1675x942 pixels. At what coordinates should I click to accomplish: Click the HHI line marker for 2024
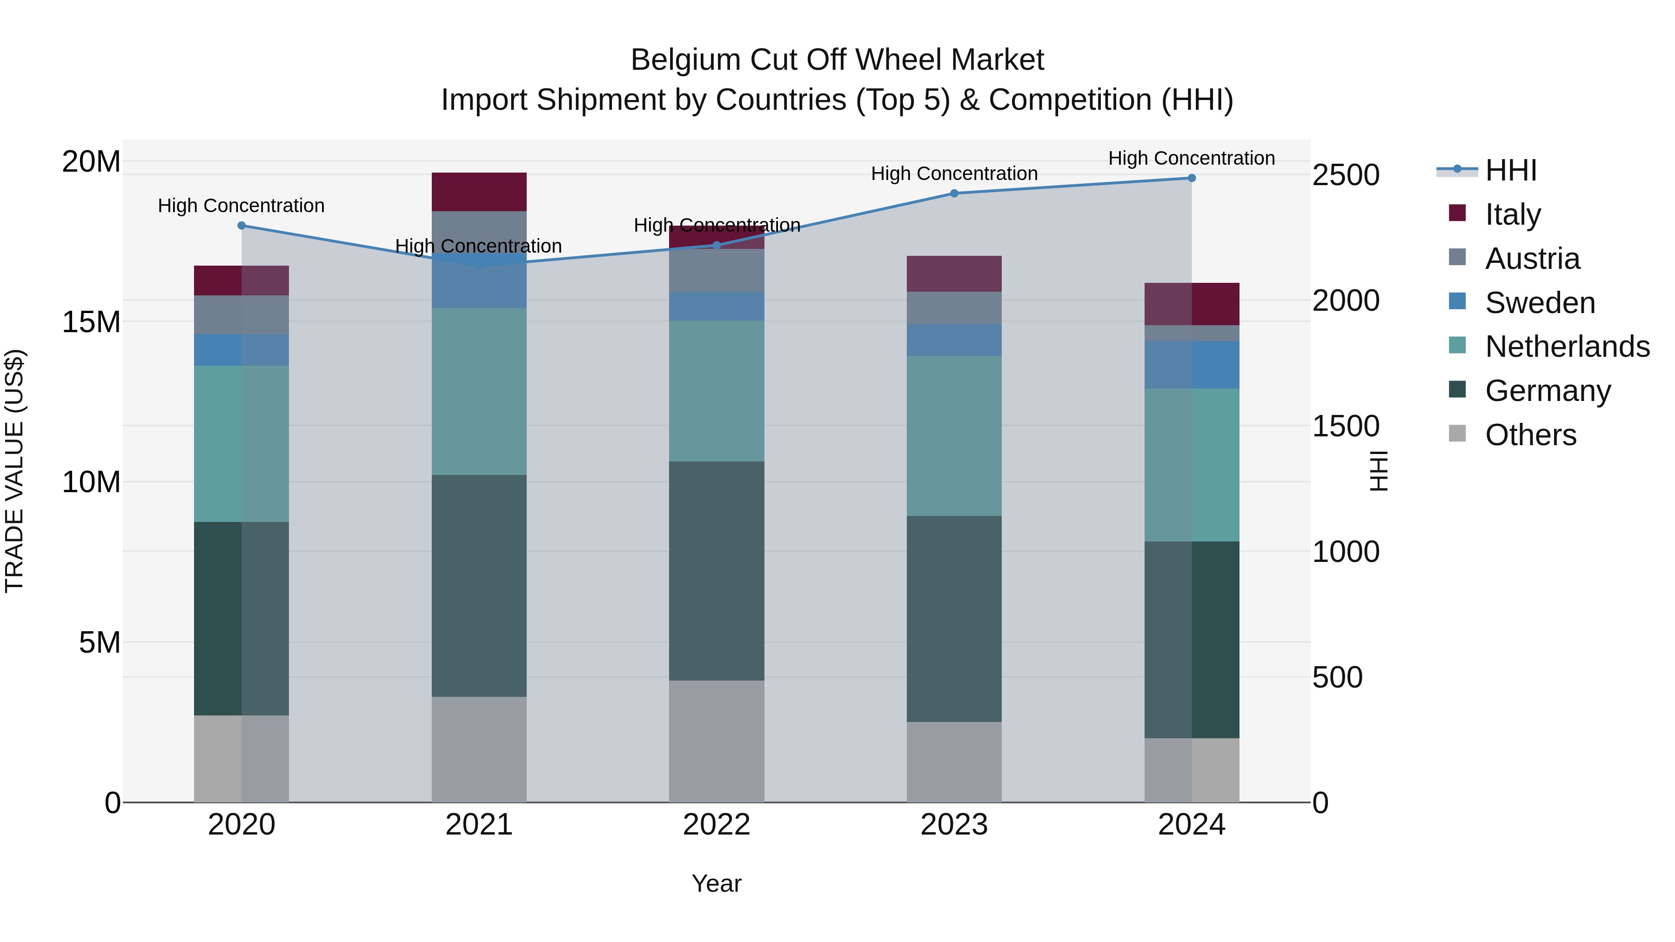coord(1191,178)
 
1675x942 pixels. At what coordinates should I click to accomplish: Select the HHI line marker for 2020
coord(241,226)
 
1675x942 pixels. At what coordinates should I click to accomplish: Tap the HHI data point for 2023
coord(954,193)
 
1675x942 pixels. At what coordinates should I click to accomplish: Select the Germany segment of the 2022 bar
coord(717,571)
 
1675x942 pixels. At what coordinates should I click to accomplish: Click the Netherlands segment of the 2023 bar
coord(954,435)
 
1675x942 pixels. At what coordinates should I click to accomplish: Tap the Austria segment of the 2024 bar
coord(1191,333)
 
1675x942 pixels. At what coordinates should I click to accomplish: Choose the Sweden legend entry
coord(1540,303)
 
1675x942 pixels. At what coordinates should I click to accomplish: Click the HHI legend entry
coord(1510,170)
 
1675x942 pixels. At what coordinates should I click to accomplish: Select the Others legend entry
coord(1530,435)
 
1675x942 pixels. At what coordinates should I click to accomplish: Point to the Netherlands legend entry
coord(1567,347)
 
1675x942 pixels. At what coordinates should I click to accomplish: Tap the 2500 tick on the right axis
coord(1345,175)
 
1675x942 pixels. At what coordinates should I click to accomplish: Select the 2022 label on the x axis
coord(717,825)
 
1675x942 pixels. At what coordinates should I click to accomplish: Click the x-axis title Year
coord(717,883)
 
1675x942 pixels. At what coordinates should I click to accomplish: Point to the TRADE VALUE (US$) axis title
coord(14,471)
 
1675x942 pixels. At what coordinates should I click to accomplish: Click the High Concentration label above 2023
coord(954,174)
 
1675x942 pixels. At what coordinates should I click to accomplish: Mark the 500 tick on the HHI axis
coord(1337,677)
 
